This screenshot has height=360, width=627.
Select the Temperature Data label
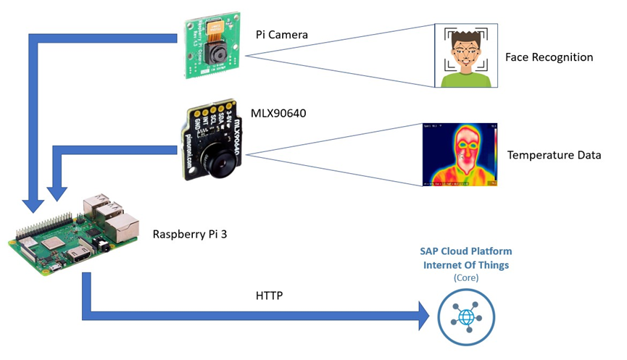click(554, 155)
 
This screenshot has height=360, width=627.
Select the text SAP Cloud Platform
click(465, 251)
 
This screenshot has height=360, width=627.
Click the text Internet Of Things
click(465, 264)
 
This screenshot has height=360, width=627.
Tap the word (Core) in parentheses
click(465, 277)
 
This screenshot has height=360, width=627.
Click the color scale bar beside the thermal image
click(495, 152)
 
